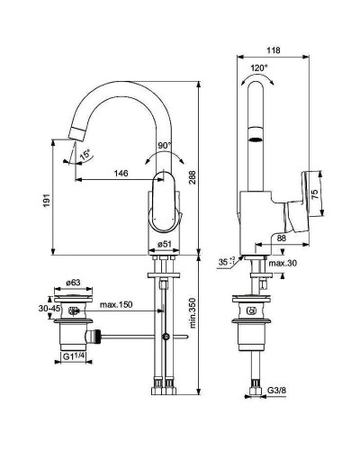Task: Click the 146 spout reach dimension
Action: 119,173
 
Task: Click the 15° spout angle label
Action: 84,154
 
